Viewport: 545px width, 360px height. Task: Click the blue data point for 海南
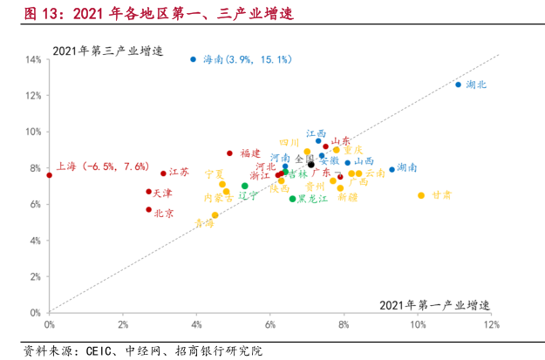(x=194, y=59)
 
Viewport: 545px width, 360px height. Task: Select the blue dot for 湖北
(x=458, y=85)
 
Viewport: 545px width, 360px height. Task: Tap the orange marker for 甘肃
(x=421, y=195)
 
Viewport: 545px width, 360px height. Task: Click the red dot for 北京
(x=149, y=209)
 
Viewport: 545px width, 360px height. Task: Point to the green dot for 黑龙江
(x=292, y=199)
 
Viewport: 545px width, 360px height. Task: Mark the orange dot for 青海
(x=215, y=215)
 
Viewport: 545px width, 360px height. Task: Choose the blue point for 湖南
(x=392, y=169)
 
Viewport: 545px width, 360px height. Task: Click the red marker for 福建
(x=230, y=153)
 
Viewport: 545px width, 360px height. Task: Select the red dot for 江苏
(x=163, y=173)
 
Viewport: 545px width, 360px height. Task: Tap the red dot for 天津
(x=149, y=192)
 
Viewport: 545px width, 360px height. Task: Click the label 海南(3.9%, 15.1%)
(x=247, y=59)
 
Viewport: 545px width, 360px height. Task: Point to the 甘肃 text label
(x=441, y=195)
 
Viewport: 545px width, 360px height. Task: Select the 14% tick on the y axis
(x=35, y=59)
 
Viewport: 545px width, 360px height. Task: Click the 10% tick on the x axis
(x=419, y=325)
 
